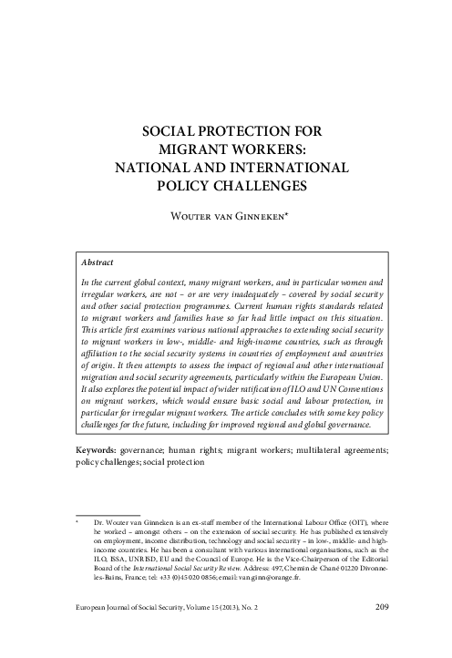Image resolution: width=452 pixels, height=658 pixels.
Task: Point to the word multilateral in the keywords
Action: coord(301,449)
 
